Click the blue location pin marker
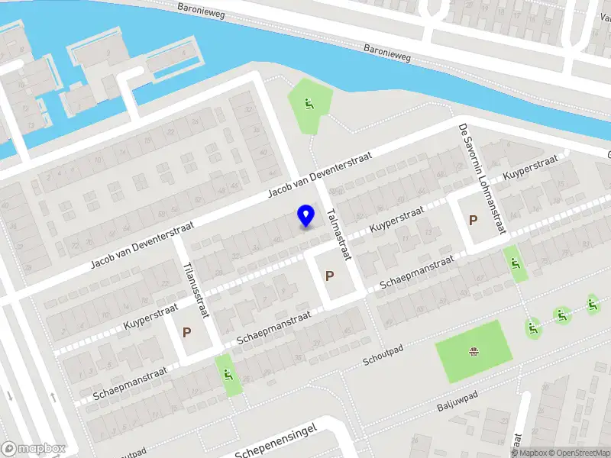(306, 215)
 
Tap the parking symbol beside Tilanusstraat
(186, 333)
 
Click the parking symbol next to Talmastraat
(330, 276)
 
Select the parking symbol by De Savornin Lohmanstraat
(473, 221)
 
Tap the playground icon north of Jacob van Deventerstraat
(309, 105)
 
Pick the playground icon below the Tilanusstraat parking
(228, 374)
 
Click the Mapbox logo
(34, 449)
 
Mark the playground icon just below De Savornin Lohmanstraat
(516, 265)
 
